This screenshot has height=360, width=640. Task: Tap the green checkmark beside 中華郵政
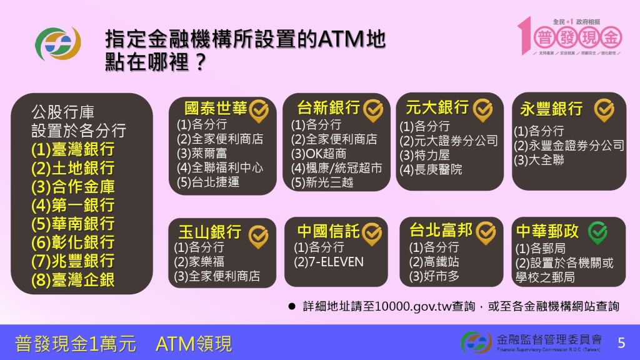point(598,232)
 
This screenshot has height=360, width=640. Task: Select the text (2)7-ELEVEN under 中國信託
point(329,262)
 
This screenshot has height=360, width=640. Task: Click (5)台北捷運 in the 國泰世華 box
point(208,182)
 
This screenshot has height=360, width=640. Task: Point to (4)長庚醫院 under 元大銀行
point(431,169)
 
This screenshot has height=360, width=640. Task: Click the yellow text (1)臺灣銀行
point(72,149)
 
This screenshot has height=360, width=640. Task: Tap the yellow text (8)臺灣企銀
point(72,279)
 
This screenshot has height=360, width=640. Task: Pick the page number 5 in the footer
point(621,342)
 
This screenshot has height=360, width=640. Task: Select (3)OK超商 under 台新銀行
point(319,153)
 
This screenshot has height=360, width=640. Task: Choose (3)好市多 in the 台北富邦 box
point(434,276)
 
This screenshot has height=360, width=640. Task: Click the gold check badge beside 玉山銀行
point(258,236)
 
